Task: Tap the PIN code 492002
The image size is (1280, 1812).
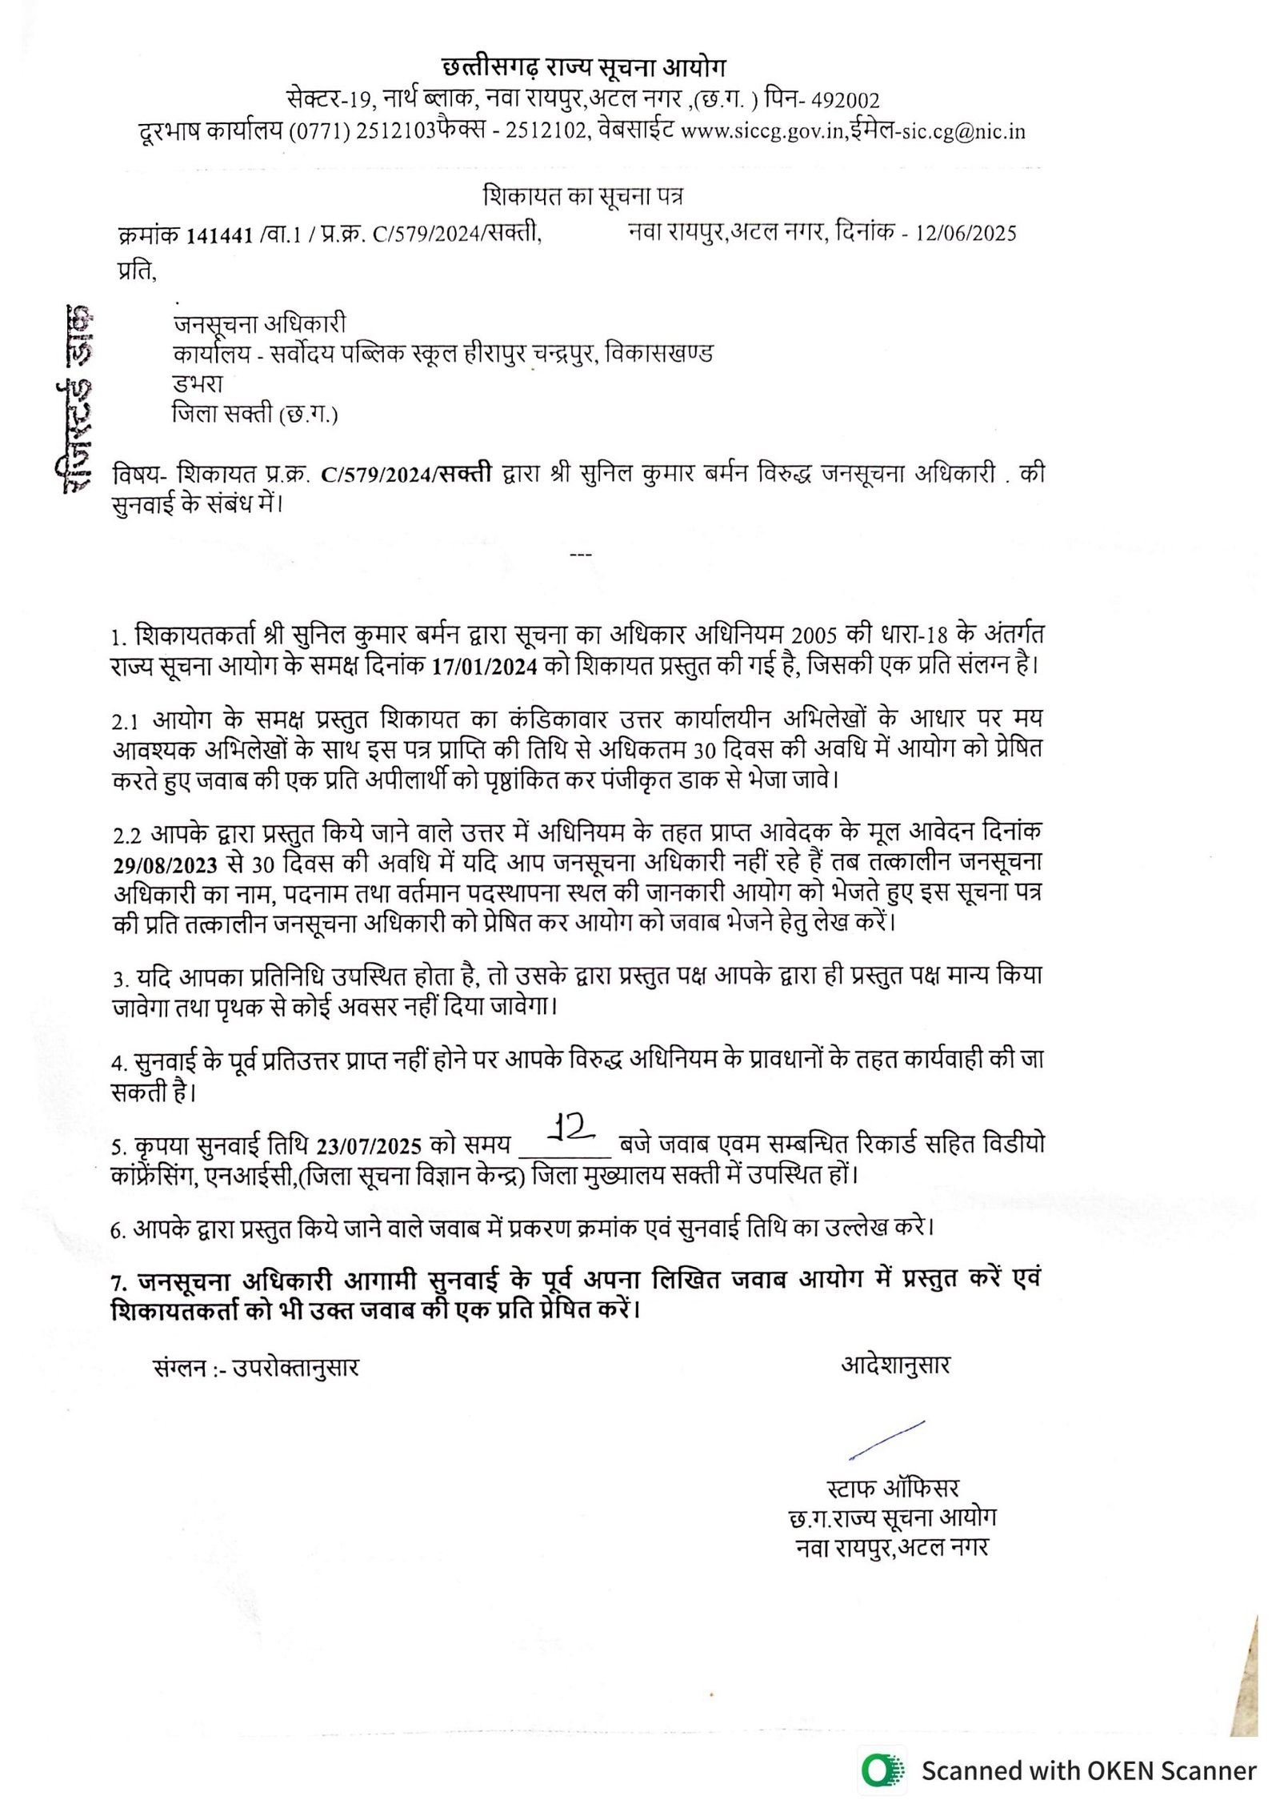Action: pos(845,101)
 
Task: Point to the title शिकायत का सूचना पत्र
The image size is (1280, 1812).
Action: pos(583,196)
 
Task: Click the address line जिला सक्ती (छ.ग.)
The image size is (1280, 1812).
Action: pos(254,415)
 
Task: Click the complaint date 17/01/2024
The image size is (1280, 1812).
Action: pos(484,667)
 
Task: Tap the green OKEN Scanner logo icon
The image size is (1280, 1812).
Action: pos(882,1769)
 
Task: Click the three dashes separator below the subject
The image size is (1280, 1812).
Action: pos(580,554)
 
